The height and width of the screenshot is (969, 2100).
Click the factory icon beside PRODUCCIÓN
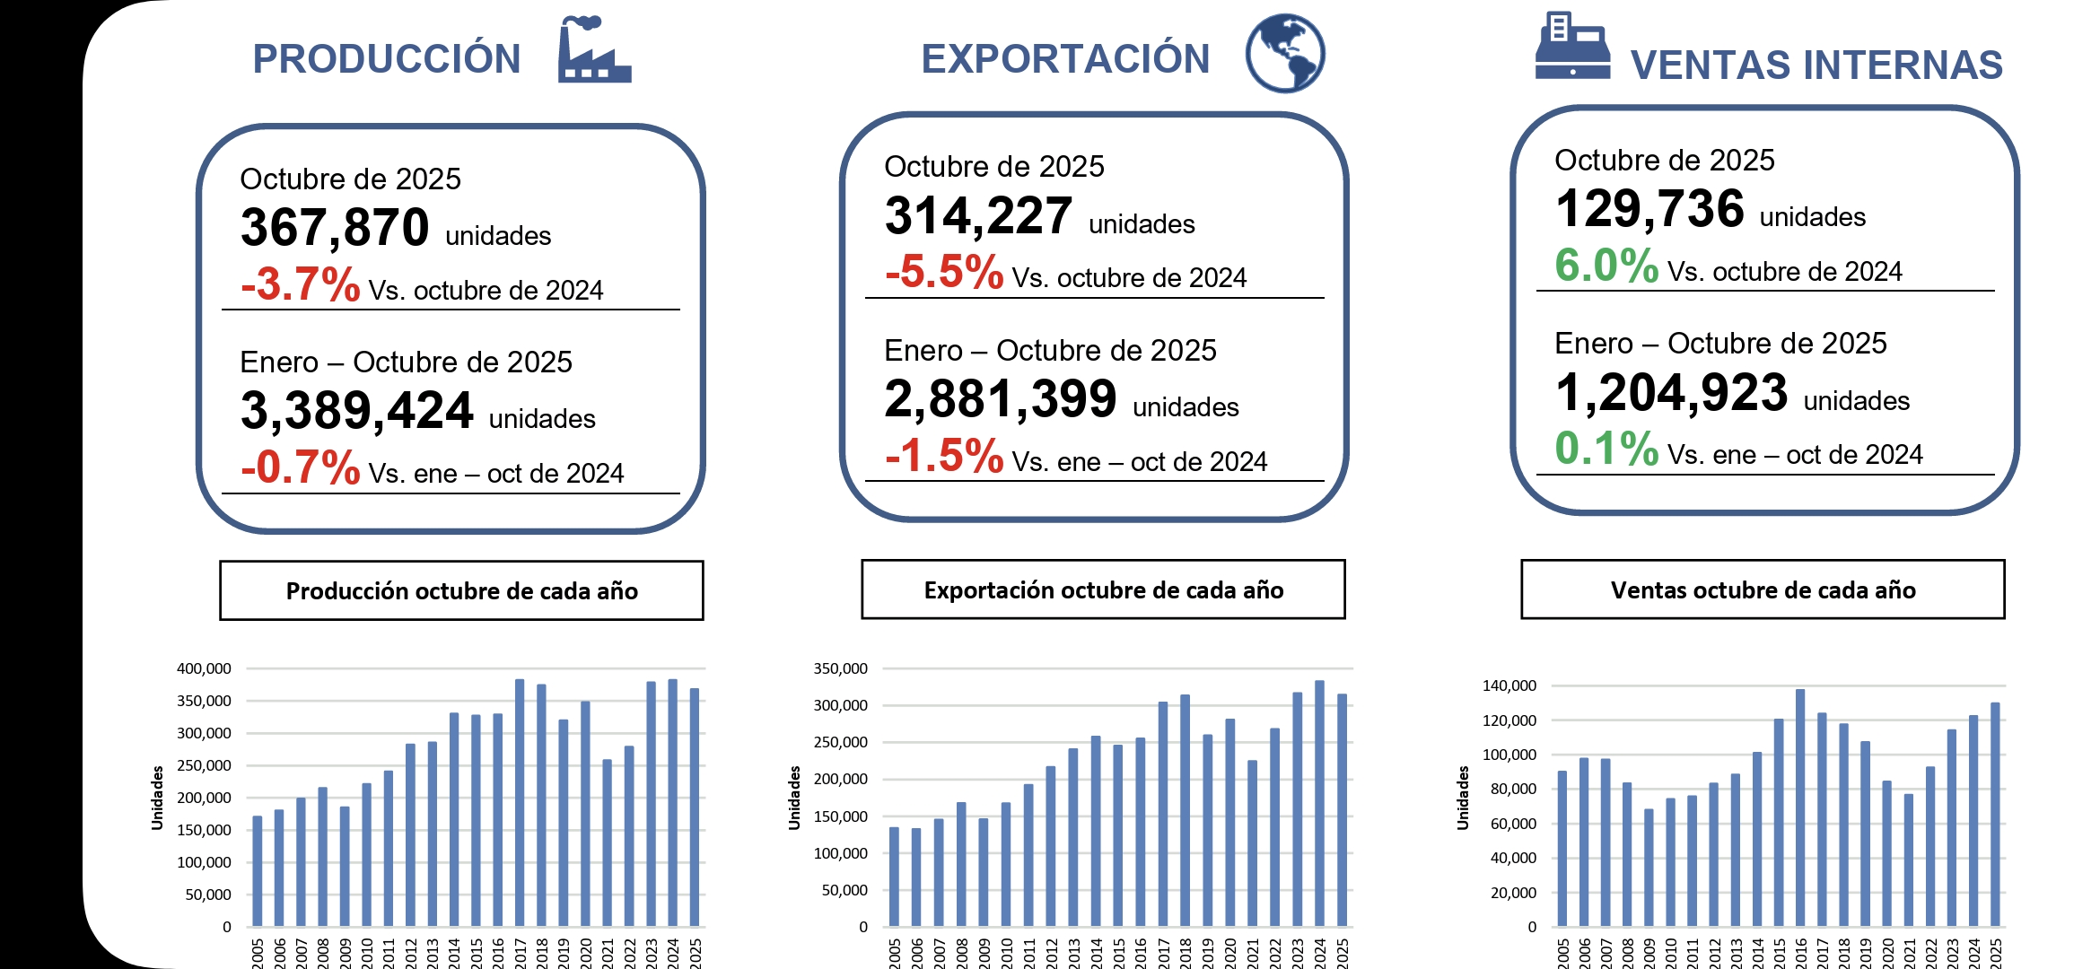593,51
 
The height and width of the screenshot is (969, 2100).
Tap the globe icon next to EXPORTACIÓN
1285,53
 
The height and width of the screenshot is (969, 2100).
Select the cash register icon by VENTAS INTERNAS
1572,47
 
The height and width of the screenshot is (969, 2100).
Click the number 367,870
335,227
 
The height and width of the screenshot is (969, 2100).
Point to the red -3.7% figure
301,284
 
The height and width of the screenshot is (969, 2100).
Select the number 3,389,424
356,410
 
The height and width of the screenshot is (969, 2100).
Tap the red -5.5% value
944,272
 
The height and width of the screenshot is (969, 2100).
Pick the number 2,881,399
1000,398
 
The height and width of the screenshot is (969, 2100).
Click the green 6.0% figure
1606,266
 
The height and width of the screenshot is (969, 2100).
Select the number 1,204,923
1671,393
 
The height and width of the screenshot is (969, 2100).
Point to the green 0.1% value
1606,449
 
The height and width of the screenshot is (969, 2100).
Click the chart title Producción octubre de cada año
461,590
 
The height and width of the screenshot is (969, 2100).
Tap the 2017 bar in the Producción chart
520,803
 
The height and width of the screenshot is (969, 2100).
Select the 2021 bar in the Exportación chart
1252,843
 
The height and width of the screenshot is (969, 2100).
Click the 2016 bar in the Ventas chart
1800,807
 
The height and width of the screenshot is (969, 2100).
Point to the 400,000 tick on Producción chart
204,668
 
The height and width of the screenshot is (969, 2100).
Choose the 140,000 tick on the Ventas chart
1509,685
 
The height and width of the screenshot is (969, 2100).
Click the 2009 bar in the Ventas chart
1649,868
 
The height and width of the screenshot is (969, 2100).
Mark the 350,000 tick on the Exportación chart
840,668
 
